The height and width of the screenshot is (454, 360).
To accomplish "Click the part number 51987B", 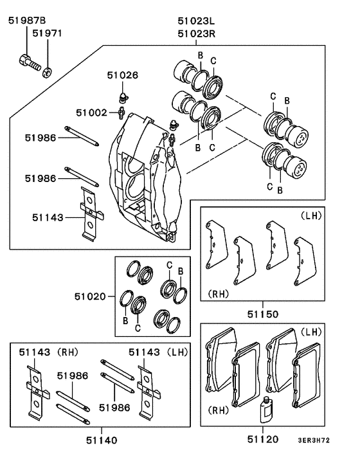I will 27,20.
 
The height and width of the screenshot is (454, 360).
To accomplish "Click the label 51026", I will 122,75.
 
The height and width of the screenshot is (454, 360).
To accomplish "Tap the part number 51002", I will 91,113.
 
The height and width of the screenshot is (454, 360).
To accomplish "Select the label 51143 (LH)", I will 157,352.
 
